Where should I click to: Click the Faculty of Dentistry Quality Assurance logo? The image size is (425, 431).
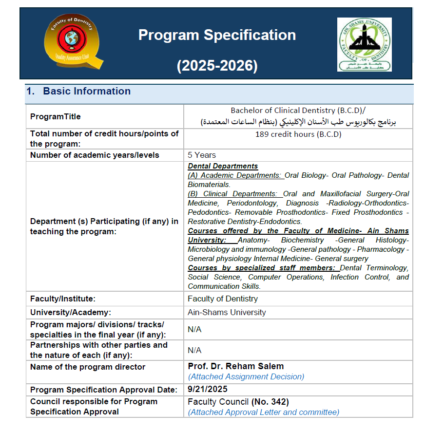(x=74, y=43)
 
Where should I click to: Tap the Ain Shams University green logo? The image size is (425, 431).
(x=364, y=44)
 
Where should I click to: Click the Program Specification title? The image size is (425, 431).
(x=217, y=35)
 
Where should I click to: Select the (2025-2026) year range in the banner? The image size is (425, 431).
(x=217, y=66)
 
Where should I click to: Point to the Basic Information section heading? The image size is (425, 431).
(x=87, y=91)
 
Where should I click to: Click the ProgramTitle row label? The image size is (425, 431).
(x=56, y=117)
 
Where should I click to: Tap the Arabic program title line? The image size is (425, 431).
(x=298, y=122)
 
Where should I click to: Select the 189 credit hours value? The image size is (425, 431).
(x=298, y=134)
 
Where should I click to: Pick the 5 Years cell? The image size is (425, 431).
(x=202, y=155)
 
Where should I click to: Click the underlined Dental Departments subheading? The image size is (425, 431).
(x=223, y=166)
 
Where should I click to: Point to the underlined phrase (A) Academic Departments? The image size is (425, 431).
(x=235, y=175)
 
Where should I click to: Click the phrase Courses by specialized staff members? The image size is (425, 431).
(x=262, y=268)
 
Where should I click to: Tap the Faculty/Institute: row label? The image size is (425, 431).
(x=63, y=299)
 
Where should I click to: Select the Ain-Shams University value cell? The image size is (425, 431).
(x=227, y=312)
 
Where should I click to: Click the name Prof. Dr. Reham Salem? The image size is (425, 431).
(x=236, y=366)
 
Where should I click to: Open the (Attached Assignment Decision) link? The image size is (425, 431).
(x=246, y=376)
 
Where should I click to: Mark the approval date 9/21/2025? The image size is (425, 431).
(x=208, y=389)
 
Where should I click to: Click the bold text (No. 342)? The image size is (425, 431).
(x=270, y=402)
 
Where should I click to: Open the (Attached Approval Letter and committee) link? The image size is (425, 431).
(x=264, y=412)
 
